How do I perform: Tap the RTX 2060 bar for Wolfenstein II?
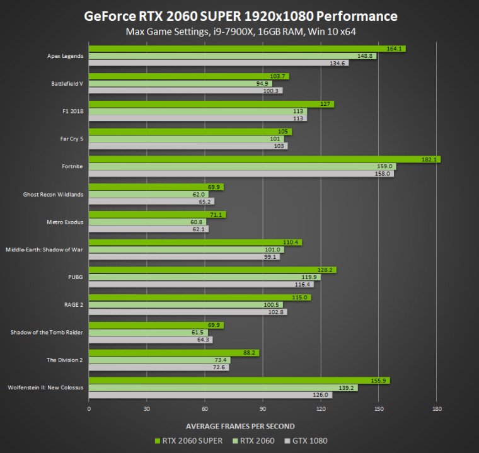click(221, 388)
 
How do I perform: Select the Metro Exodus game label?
click(65, 222)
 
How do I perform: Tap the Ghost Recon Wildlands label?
click(52, 194)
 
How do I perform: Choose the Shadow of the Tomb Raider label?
click(47, 333)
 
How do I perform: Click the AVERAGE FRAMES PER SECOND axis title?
click(240, 426)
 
